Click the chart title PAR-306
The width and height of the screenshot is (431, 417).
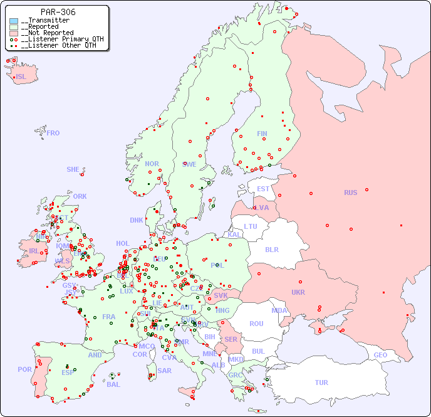(x=58, y=12)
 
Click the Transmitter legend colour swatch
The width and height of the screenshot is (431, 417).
(x=14, y=21)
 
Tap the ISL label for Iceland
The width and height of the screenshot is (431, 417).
(x=21, y=77)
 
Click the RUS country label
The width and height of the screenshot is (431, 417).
(x=350, y=193)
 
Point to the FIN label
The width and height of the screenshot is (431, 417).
(x=262, y=134)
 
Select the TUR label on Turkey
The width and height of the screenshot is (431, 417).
(x=321, y=383)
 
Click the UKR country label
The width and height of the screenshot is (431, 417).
(x=298, y=292)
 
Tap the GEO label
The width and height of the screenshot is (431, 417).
(x=380, y=355)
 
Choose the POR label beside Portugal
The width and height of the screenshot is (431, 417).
(x=24, y=369)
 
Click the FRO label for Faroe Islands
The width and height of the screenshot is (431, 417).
(x=53, y=133)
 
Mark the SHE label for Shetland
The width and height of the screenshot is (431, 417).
(x=73, y=169)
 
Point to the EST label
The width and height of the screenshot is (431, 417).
(x=263, y=189)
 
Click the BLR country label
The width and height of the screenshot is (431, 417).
(x=271, y=249)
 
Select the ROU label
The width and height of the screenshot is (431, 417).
(x=256, y=324)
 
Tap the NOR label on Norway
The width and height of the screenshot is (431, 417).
(x=152, y=164)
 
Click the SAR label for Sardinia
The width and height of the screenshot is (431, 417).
(x=164, y=371)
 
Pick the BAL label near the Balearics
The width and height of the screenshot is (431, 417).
(x=113, y=384)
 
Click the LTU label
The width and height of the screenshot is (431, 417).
(x=251, y=226)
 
